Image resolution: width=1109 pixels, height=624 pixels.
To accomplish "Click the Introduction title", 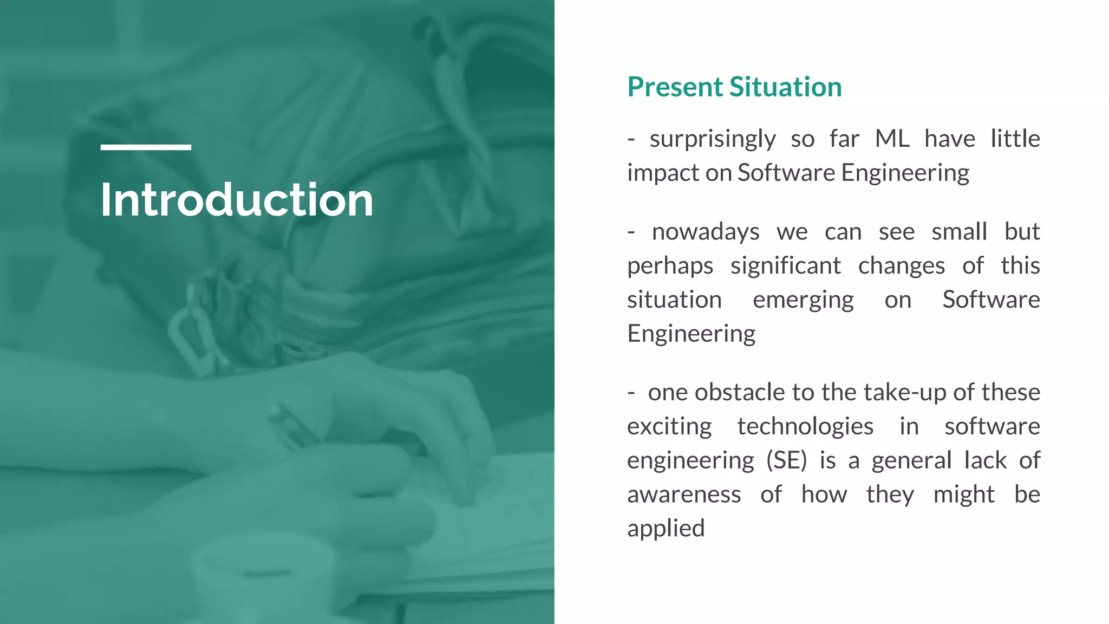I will tap(237, 200).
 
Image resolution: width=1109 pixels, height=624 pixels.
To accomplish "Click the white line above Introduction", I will tap(146, 147).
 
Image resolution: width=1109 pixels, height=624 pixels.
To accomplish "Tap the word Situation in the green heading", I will tap(785, 87).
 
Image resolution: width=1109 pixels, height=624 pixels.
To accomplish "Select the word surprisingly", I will tap(713, 140).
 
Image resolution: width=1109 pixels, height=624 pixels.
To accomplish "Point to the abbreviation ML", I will tap(892, 139).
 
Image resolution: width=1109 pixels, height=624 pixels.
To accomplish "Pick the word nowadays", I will tap(705, 232).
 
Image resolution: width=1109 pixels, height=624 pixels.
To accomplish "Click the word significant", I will tap(785, 266).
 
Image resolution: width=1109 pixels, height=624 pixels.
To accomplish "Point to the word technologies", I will tap(805, 427).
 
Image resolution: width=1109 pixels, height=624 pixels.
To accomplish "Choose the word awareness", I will tap(683, 495).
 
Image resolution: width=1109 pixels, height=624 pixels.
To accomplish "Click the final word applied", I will tap(666, 529).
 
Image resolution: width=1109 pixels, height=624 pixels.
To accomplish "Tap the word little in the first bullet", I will tap(1015, 139).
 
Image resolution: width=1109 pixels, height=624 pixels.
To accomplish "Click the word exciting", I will tap(669, 427).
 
